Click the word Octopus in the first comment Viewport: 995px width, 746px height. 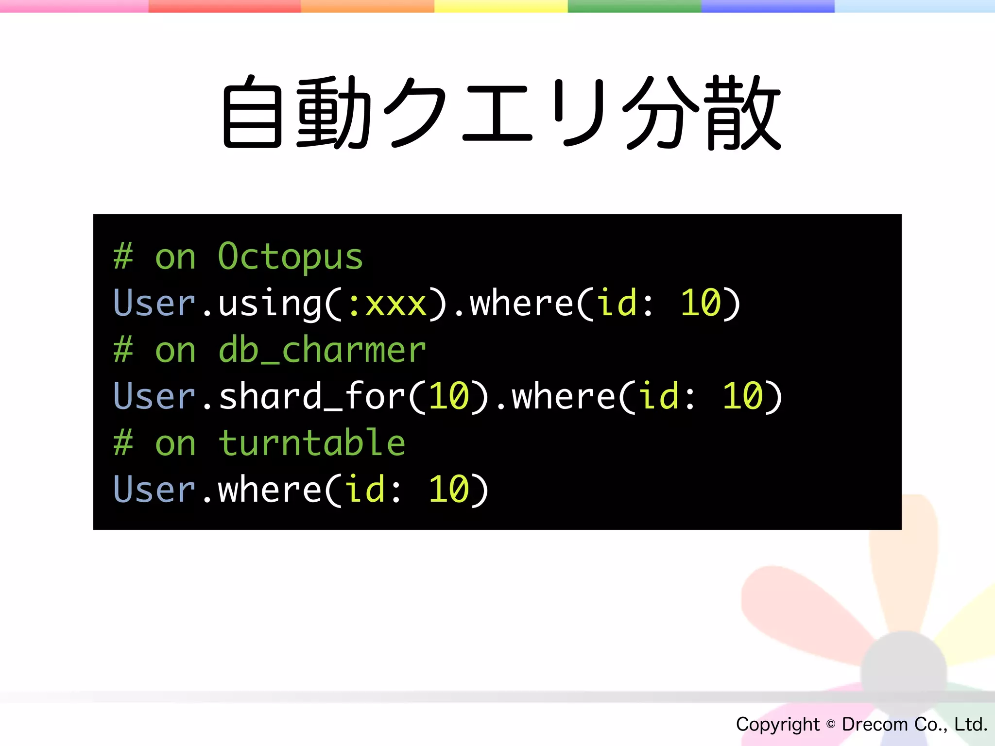290,256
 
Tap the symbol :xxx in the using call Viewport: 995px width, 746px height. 387,304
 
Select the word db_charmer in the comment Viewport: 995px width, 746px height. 322,350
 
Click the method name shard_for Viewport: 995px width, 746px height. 311,396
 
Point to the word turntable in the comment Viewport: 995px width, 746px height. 311,443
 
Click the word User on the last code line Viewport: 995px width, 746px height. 154,490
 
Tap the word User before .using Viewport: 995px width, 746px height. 154,304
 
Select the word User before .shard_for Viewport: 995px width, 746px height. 154,396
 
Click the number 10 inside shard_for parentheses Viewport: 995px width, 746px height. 448,396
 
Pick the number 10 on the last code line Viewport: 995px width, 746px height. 448,490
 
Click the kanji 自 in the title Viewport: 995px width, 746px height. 252,113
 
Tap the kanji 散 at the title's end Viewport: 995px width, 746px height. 743,113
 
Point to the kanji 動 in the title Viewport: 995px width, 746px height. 334,113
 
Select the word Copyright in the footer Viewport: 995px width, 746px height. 777,724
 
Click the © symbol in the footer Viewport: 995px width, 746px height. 831,724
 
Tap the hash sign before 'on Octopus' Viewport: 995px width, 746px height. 123,256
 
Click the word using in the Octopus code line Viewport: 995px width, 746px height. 269,304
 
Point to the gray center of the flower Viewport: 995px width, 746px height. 904,673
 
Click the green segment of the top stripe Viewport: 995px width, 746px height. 634,6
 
